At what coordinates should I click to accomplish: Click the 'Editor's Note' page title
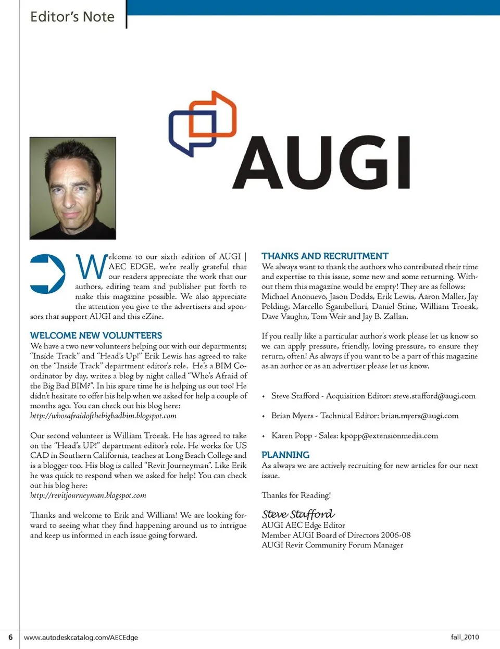tap(72, 17)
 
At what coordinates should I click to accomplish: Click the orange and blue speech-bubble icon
tap(203, 123)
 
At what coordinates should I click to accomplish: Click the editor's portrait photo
tap(73, 188)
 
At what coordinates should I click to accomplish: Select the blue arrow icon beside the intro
tap(47, 273)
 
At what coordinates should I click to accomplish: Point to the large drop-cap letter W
tap(91, 267)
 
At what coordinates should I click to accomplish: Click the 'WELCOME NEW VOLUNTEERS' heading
tap(96, 335)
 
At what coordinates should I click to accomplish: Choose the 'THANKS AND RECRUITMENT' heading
tap(325, 256)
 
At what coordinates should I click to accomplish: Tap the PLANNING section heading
tap(285, 455)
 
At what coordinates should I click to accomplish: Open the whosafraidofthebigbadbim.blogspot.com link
tap(103, 416)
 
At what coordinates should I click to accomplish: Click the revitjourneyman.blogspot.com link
tap(88, 495)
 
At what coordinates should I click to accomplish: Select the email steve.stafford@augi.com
tap(434, 396)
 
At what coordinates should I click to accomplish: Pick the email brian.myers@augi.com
tap(419, 416)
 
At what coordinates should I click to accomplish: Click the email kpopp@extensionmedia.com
tap(389, 435)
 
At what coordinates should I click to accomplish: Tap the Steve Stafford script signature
tap(298, 514)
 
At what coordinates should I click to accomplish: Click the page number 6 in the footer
tap(10, 637)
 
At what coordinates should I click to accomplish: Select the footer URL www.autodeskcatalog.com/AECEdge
tap(81, 637)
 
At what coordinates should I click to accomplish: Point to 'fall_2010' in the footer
tap(465, 637)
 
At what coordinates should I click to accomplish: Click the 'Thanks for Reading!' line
tap(296, 495)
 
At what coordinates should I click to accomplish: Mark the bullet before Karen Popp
tap(264, 436)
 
